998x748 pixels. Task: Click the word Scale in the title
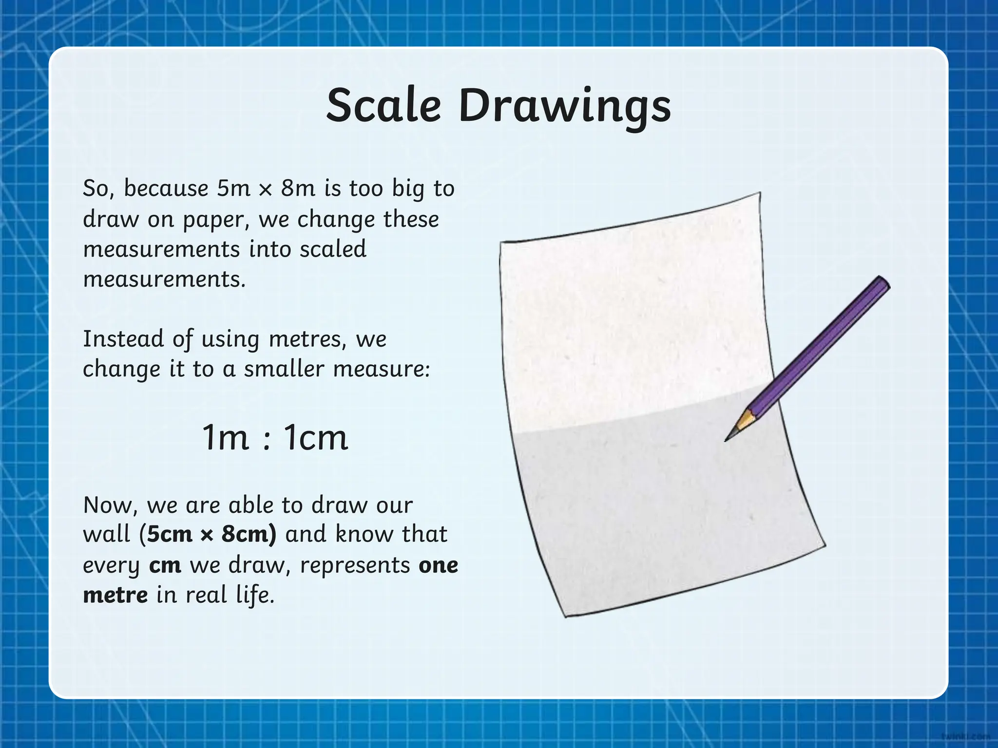(x=384, y=106)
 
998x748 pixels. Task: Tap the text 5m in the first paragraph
(x=233, y=188)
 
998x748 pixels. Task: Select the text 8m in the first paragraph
(x=298, y=188)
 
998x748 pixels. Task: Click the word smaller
(x=284, y=369)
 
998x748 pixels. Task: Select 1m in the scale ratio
(x=225, y=437)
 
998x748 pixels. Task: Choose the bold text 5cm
(x=170, y=535)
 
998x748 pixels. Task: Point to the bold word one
(x=438, y=565)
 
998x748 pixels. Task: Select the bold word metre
(x=115, y=595)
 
